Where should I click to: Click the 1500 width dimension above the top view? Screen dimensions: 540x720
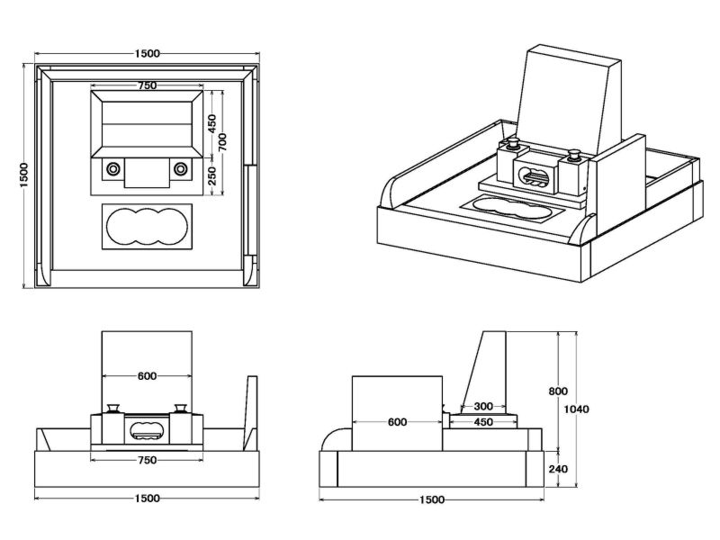click(148, 53)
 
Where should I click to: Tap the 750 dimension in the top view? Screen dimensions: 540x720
click(148, 85)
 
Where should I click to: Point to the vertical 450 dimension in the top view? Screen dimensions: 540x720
click(212, 123)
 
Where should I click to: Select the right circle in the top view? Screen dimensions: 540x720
click(181, 168)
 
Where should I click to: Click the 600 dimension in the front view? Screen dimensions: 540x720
click(148, 376)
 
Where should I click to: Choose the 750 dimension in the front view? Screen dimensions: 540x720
click(148, 460)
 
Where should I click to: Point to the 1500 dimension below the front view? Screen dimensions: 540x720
click(148, 498)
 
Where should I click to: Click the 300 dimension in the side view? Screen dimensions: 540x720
click(483, 406)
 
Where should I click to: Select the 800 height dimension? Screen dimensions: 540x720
click(558, 391)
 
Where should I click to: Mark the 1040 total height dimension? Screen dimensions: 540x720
click(579, 409)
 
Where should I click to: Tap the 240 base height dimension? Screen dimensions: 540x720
click(558, 469)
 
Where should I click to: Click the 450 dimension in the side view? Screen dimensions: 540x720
click(483, 421)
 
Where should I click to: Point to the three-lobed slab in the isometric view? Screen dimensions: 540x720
click(508, 207)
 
